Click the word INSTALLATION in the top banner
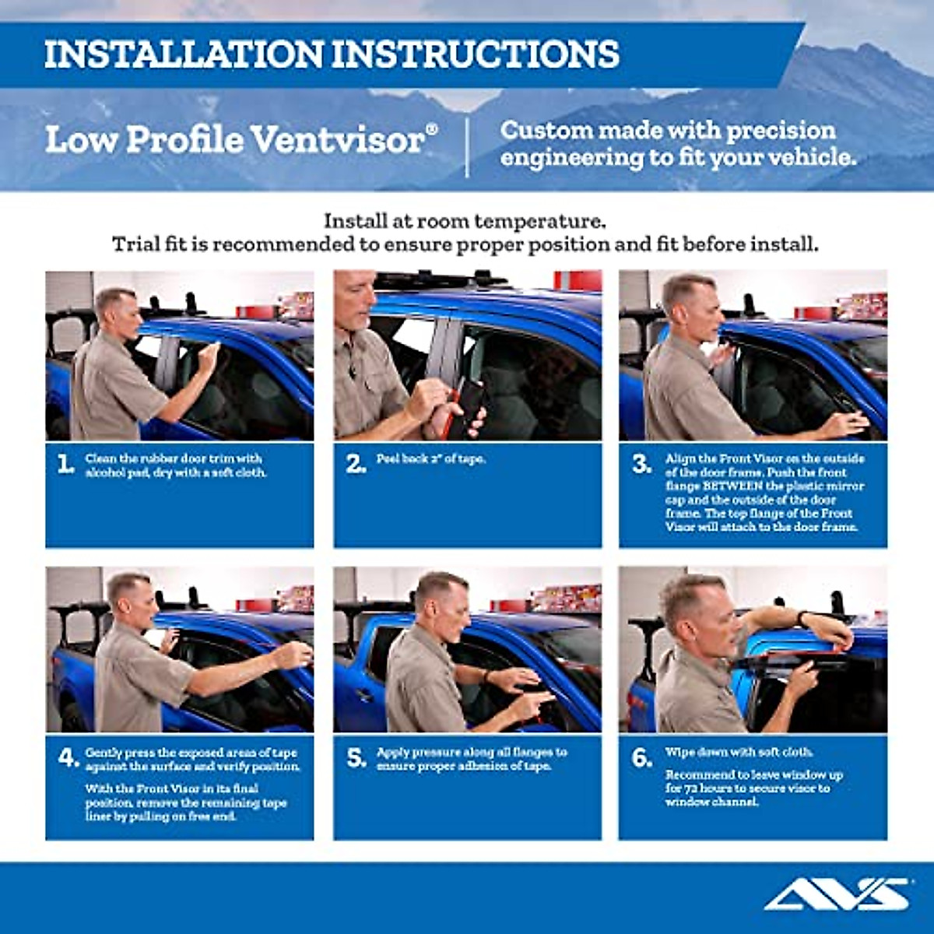coord(183,54)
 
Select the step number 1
coord(65,465)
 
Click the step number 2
coord(356,465)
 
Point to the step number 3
coord(641,465)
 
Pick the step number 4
coord(68,757)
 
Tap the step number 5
coord(356,758)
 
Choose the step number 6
coord(641,757)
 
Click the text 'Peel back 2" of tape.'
coord(430,459)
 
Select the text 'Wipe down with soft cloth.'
coord(739,753)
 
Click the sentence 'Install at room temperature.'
coord(465,221)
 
